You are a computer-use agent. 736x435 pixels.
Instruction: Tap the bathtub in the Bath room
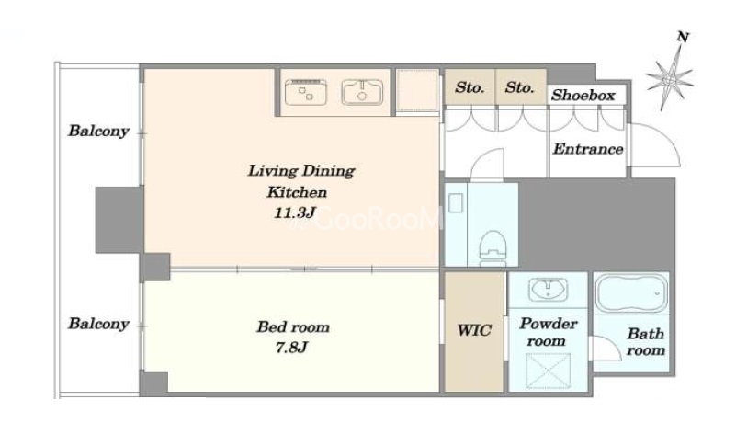(631, 293)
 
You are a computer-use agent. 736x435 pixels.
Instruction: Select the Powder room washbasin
(548, 290)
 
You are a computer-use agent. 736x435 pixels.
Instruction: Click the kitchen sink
(361, 92)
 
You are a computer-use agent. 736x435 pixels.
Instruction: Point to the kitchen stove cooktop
(306, 92)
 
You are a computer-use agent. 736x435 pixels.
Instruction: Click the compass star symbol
(670, 78)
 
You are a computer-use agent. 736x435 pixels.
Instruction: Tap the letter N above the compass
(683, 36)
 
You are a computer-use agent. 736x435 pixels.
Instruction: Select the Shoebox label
(583, 96)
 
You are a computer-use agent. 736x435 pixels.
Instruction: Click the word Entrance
(588, 149)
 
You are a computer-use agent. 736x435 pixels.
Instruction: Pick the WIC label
(474, 330)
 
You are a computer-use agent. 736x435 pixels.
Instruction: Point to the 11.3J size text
(294, 212)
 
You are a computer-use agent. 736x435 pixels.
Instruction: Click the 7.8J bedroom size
(291, 348)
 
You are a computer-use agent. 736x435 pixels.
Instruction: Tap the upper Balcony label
(98, 131)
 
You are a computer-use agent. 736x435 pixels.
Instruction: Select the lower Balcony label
(98, 324)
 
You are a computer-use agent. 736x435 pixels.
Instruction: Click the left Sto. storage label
(470, 87)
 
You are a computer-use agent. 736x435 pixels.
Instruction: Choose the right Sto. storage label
(520, 87)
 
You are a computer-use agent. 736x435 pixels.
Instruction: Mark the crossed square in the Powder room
(548, 372)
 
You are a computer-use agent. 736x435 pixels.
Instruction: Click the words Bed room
(293, 327)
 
